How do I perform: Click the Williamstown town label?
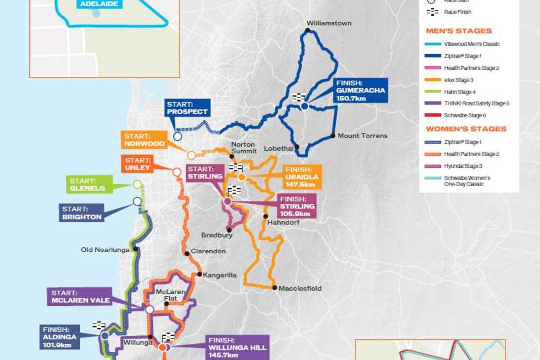point(329,23)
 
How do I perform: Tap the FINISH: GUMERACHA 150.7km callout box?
point(360,90)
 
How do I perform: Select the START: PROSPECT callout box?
point(187,108)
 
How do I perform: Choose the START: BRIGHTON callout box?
point(81,213)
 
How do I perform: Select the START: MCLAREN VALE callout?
point(80,296)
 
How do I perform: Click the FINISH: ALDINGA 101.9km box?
point(60,337)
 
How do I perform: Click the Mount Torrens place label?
point(363,136)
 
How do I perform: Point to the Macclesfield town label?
point(300,288)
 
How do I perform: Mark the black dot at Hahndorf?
point(265,216)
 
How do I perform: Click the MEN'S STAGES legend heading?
point(459,31)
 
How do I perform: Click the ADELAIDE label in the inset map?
point(99,4)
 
